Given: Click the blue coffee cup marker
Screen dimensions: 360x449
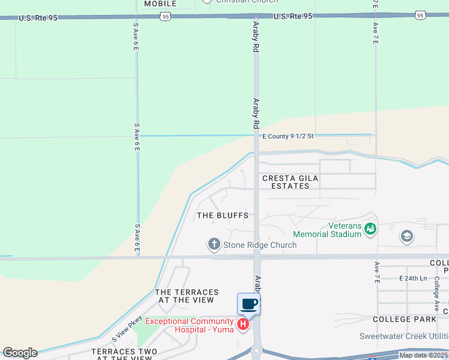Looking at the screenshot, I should point(249,304).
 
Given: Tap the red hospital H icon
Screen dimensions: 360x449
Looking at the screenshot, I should point(243,325).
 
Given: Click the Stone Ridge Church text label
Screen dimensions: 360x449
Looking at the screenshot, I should point(260,245).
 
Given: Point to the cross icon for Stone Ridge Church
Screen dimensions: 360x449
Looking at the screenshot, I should point(214,244).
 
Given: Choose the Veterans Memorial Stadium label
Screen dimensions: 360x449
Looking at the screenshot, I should point(328,230).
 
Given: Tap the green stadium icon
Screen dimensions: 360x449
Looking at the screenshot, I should point(370,228).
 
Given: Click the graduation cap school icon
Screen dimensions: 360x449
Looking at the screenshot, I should point(407,236).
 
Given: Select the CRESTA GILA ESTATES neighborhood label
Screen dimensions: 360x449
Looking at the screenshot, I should point(291,182).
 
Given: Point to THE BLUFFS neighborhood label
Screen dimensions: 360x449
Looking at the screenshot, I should point(223,215).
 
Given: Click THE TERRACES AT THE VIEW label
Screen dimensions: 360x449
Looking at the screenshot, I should point(186,296).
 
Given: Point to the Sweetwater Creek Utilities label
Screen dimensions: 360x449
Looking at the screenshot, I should point(403,336).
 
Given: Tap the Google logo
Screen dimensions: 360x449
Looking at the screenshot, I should point(19,353).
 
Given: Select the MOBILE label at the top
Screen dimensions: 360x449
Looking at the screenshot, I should point(160,4).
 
